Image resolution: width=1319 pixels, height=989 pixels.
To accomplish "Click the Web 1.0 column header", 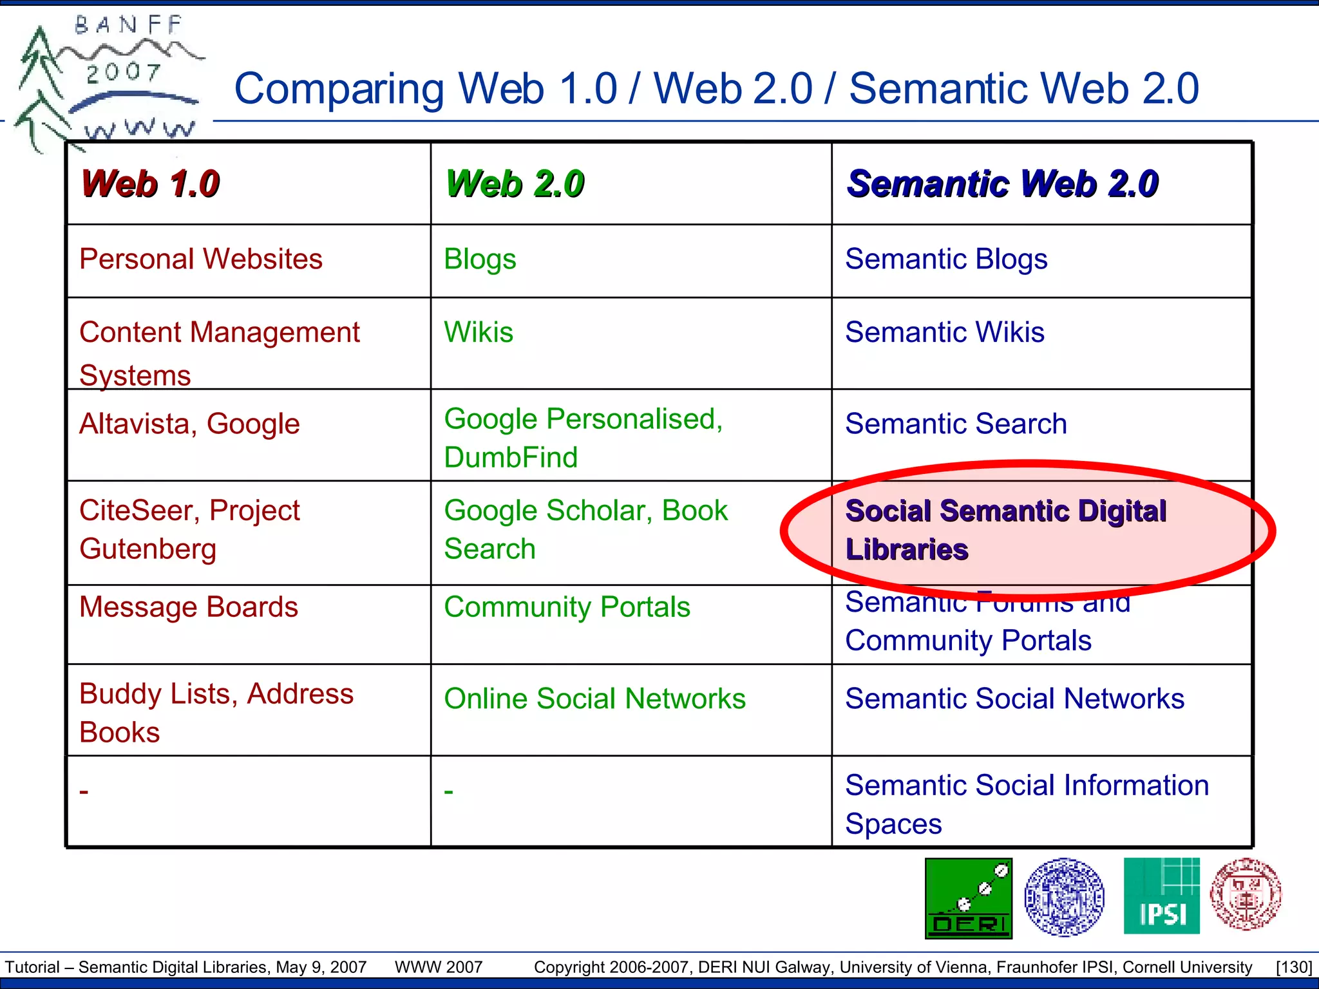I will tap(150, 184).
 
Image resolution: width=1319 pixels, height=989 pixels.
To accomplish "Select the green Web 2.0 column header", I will tap(515, 184).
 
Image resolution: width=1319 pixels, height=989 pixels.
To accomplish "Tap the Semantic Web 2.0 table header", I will tap(1002, 184).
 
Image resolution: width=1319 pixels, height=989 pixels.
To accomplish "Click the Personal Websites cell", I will tap(200, 259).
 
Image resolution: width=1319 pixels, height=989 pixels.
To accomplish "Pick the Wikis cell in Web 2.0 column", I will tap(479, 332).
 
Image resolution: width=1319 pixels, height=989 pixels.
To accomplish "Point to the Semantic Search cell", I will tap(956, 424).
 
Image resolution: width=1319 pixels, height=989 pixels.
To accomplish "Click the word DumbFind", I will tap(511, 458).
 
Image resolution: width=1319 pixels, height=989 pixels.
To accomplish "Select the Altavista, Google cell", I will tap(189, 424).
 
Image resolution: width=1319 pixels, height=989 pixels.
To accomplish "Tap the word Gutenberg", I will tap(147, 549).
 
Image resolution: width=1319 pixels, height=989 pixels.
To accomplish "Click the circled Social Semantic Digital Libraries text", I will tap(1005, 529).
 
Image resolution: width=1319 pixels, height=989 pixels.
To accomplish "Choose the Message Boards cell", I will tap(188, 607).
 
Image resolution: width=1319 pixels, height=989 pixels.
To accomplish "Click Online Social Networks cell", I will tap(594, 699).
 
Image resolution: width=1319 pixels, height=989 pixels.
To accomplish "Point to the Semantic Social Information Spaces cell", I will tap(1026, 804).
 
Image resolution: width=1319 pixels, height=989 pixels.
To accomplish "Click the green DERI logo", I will tap(968, 898).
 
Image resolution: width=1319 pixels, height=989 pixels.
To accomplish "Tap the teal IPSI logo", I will tap(1161, 896).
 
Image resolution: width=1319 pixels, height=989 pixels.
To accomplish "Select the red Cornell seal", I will tap(1245, 894).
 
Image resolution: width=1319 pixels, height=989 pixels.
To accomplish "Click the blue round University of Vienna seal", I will tap(1064, 896).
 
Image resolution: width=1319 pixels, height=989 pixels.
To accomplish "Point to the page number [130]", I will tap(1293, 967).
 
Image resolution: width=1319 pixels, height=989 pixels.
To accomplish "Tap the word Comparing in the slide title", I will tap(339, 88).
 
